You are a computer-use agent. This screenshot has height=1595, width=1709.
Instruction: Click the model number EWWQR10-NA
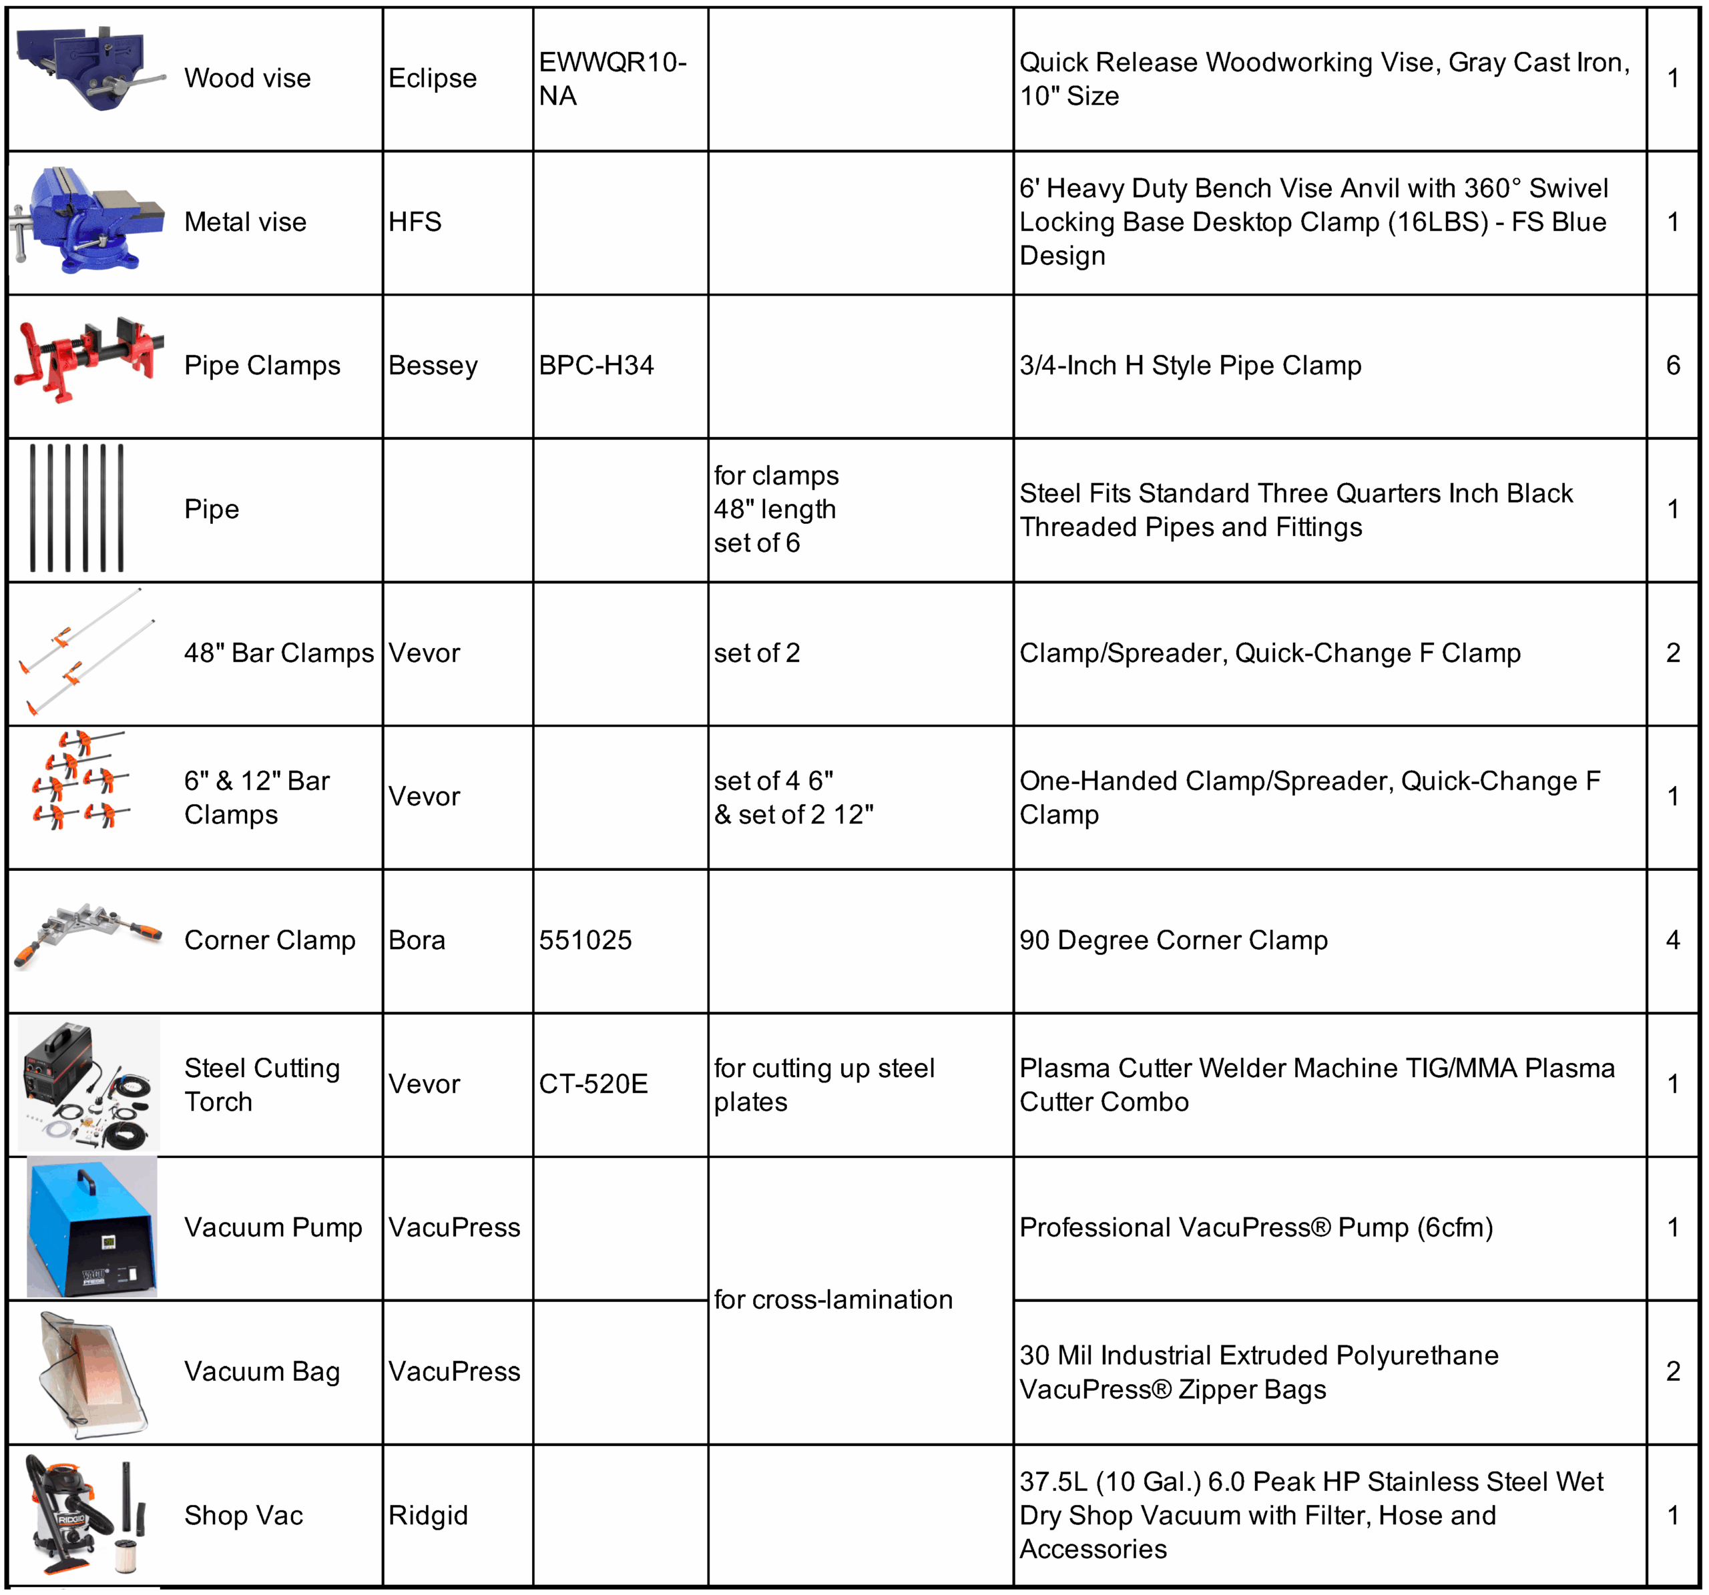(x=612, y=78)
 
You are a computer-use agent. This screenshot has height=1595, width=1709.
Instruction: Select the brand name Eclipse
(x=433, y=78)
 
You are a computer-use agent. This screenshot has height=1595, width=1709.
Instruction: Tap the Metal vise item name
(x=245, y=222)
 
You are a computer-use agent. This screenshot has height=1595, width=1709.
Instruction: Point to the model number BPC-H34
(x=595, y=365)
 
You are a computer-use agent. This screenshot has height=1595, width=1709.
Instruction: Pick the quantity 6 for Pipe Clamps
(x=1672, y=365)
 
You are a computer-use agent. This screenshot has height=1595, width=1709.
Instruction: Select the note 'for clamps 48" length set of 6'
(x=776, y=509)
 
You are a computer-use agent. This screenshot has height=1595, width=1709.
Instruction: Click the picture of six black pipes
(x=77, y=508)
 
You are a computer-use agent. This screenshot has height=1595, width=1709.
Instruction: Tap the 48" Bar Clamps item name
(x=278, y=653)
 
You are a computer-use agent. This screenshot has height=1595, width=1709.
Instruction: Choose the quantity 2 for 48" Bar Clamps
(x=1672, y=653)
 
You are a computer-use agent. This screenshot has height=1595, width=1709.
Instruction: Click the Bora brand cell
(x=417, y=940)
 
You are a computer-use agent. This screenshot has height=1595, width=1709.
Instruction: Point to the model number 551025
(x=585, y=940)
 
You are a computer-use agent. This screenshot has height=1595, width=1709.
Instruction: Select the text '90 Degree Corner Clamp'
(x=1174, y=940)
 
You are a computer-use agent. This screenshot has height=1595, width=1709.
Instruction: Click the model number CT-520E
(x=593, y=1084)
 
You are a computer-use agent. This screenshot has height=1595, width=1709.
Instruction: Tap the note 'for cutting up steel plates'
(x=824, y=1084)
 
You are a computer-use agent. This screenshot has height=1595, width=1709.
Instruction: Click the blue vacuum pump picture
(x=92, y=1227)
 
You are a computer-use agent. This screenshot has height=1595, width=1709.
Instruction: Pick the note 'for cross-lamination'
(x=833, y=1299)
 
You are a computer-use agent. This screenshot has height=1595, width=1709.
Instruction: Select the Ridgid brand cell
(x=428, y=1515)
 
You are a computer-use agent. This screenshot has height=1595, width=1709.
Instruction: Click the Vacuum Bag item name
(x=262, y=1371)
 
